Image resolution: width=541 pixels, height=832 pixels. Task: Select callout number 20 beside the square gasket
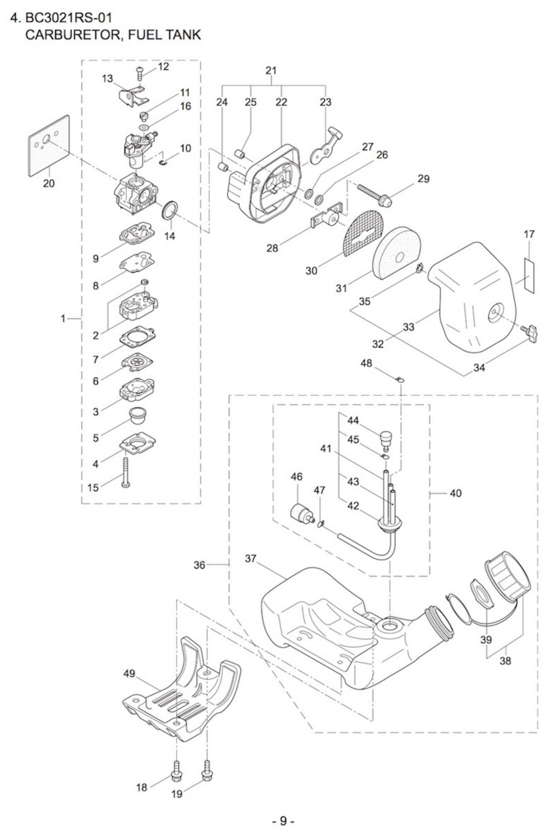point(49,183)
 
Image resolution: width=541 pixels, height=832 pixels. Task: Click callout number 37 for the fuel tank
point(251,558)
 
